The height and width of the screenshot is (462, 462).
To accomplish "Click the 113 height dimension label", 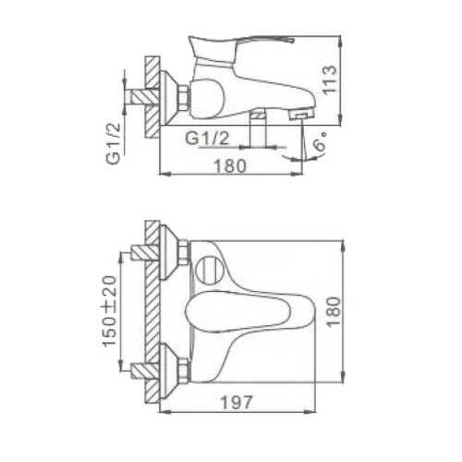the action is pos(330,79).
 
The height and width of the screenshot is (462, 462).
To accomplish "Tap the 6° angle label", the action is pos(320,140).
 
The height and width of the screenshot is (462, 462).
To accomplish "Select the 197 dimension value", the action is pos(237,403).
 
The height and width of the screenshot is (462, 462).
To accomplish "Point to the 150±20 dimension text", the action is pos(110,311).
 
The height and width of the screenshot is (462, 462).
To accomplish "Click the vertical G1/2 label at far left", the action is pos(113,144).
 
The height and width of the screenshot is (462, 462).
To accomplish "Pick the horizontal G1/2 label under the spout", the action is pos(207,138).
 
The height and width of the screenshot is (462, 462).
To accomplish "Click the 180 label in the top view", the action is pos(230,166).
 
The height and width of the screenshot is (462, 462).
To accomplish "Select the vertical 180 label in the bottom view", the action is pos(334,311).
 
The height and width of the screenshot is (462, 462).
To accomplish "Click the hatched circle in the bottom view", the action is pos(210,270).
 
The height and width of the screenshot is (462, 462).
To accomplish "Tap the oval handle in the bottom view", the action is pos(237,312).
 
